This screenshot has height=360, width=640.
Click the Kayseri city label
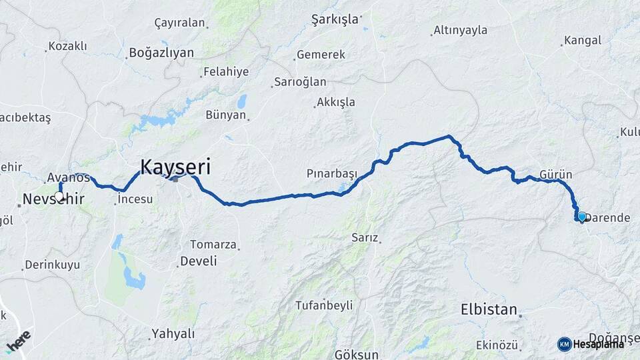(x=175, y=167)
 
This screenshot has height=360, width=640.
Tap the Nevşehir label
(x=53, y=199)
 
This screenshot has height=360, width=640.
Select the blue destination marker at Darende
(x=581, y=217)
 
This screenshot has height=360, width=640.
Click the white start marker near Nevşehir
(x=59, y=196)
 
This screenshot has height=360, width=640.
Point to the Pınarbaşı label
(x=331, y=173)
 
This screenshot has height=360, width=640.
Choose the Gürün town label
(x=556, y=174)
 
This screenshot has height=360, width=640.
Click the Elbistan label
(x=489, y=309)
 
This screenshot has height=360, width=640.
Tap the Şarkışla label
(x=335, y=19)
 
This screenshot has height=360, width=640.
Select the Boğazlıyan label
(x=161, y=52)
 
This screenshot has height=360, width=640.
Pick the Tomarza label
(x=213, y=244)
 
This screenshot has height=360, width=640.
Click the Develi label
(x=199, y=260)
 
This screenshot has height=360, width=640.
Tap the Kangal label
(x=582, y=41)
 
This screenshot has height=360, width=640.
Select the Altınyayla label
(x=460, y=30)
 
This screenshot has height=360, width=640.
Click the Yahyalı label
(x=173, y=333)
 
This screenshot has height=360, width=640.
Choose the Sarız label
(x=365, y=237)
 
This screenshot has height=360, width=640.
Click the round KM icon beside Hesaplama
(x=564, y=344)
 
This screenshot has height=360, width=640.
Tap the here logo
(x=19, y=341)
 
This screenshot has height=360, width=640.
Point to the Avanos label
(x=68, y=177)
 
